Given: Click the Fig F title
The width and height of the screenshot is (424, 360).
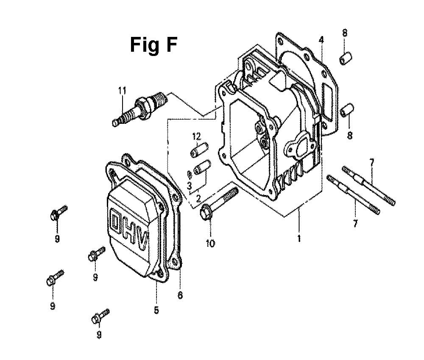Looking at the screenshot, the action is (153, 45).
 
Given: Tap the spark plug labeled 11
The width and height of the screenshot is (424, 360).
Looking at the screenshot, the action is (140, 109).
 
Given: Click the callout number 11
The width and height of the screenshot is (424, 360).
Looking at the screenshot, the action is (122, 91).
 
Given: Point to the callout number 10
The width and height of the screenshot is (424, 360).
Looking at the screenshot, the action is (210, 243).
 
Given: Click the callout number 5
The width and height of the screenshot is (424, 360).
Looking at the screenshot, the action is (156, 310).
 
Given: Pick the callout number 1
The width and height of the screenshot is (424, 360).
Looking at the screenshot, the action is (299, 238).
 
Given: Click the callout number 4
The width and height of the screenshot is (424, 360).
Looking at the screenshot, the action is (321, 40).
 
